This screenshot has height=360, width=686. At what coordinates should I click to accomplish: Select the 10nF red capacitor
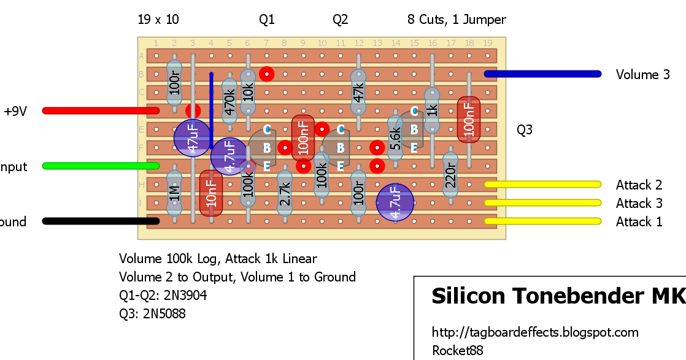point(211,193)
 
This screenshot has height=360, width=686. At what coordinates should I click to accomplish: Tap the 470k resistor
point(229,102)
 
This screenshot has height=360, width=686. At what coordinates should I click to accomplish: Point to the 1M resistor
point(174,193)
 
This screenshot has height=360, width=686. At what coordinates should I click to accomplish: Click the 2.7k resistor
point(284,193)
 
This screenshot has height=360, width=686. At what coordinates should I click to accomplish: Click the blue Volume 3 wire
point(542,74)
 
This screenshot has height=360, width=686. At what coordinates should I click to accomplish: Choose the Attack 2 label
point(639,185)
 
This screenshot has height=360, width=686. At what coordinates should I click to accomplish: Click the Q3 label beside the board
point(525,130)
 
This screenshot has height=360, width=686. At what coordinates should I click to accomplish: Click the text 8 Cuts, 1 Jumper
point(457,20)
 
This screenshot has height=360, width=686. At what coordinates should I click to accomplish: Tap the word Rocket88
point(457,351)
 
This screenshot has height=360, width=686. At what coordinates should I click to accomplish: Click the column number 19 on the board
point(488,43)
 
